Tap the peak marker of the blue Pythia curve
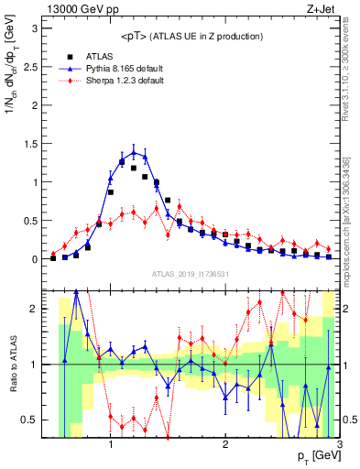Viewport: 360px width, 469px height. (134, 152)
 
